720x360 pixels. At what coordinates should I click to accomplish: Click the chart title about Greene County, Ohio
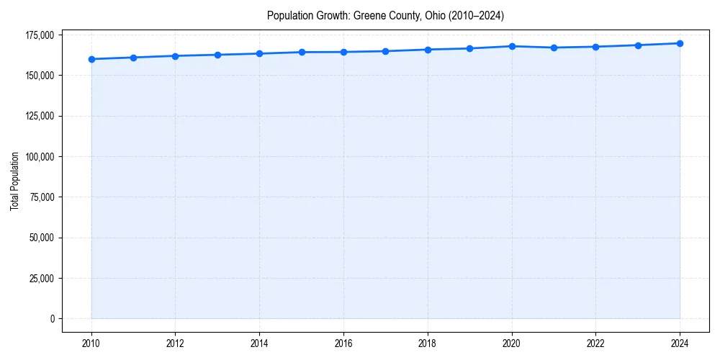(x=385, y=15)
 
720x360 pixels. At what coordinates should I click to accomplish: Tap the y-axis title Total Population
(x=14, y=181)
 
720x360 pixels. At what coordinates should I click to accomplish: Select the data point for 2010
(x=91, y=59)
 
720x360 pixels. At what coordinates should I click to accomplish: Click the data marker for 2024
(x=680, y=43)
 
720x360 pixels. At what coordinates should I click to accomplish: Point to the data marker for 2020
(x=512, y=46)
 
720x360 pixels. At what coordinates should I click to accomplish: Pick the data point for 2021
(x=554, y=48)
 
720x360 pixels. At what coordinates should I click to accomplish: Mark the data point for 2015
(x=302, y=52)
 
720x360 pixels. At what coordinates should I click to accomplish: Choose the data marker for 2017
(x=386, y=51)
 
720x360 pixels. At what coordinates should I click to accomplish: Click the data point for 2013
(x=217, y=55)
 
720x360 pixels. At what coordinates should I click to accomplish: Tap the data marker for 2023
(x=638, y=45)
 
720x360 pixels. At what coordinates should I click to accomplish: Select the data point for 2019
(x=469, y=48)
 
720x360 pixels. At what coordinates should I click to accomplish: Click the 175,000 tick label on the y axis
(x=40, y=35)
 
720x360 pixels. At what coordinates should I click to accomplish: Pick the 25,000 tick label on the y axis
(x=42, y=279)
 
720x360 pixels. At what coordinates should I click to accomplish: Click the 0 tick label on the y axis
(x=52, y=319)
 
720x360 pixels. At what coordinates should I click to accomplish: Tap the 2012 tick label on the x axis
(x=175, y=343)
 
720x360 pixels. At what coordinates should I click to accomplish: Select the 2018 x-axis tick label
(x=428, y=343)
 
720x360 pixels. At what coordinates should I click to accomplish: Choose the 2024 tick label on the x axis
(x=680, y=343)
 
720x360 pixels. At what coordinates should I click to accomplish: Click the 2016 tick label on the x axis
(x=343, y=343)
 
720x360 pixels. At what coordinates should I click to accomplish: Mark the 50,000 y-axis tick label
(x=42, y=238)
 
